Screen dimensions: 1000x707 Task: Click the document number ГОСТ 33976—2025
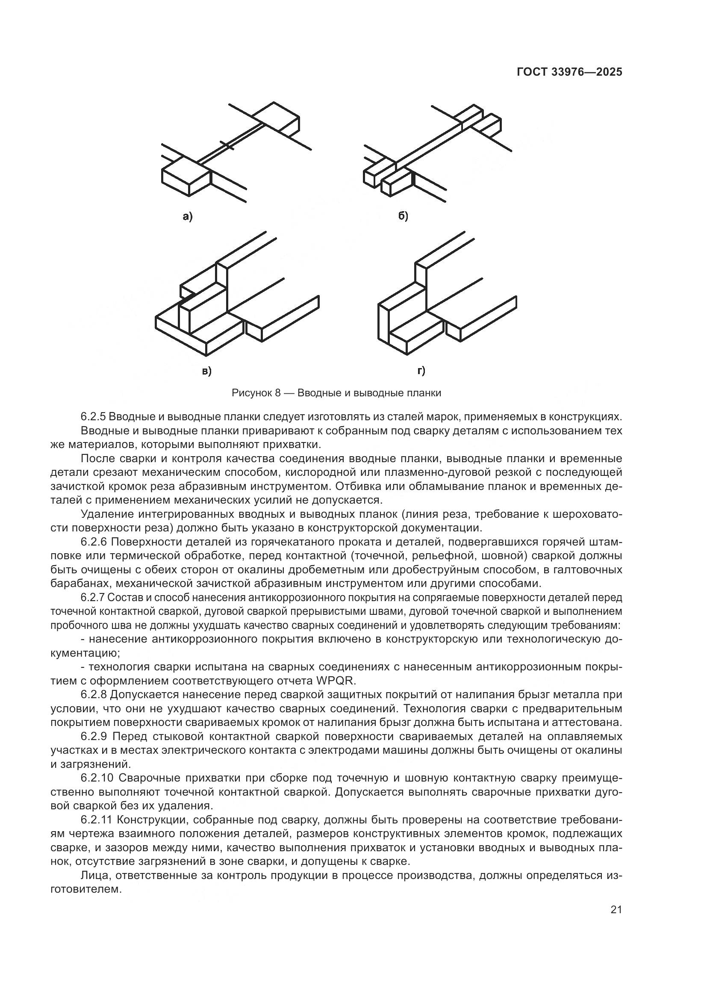click(x=569, y=72)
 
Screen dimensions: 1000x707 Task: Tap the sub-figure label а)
click(x=187, y=216)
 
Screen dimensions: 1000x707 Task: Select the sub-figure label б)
click(x=403, y=216)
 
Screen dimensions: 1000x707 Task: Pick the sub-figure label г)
click(x=421, y=371)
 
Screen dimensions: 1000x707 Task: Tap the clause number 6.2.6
click(x=93, y=542)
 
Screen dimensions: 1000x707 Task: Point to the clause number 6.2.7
click(x=93, y=598)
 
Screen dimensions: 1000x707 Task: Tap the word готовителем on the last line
click(x=85, y=889)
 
